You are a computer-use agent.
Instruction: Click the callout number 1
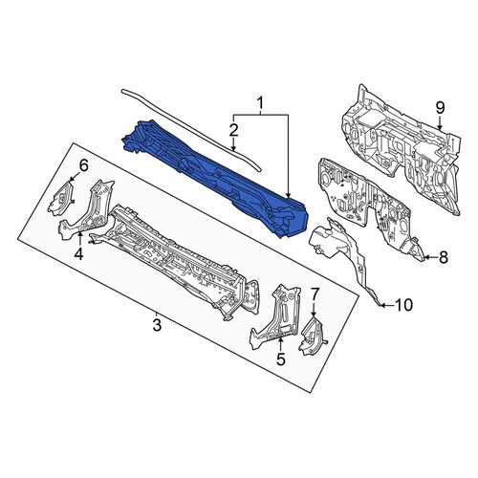[x=260, y=103]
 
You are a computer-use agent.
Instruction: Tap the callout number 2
[x=233, y=130]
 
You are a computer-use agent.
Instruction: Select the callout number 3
[x=157, y=324]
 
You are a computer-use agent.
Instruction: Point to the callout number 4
[x=78, y=253]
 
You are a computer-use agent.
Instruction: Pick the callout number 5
[x=280, y=358]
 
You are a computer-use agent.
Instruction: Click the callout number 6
[x=83, y=165]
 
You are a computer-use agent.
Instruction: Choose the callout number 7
[x=314, y=294]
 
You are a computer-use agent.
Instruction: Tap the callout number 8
[x=444, y=257]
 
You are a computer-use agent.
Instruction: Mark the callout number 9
[x=440, y=108]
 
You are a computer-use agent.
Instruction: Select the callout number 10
[x=403, y=305]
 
